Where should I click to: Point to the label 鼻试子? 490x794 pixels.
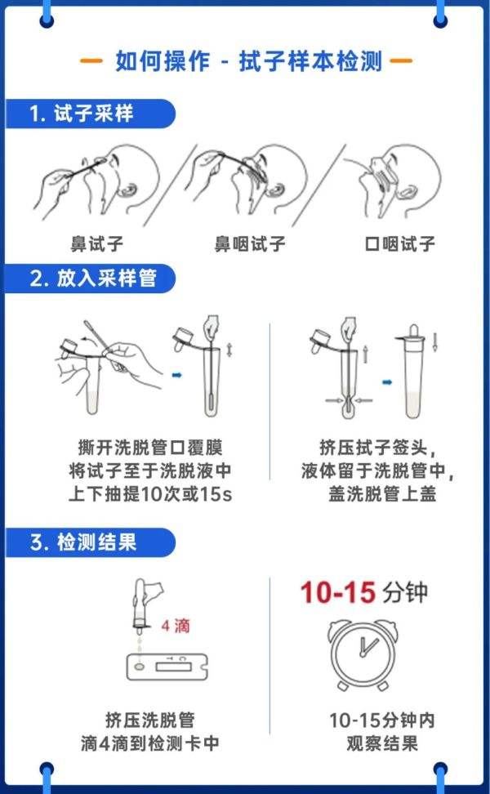click(96, 243)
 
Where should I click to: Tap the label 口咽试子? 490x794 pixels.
click(399, 243)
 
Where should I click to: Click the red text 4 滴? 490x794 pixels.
click(176, 627)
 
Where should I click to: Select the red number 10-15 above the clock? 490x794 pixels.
click(336, 592)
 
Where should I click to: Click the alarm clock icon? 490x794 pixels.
click(365, 653)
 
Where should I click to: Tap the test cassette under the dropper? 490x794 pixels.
click(168, 668)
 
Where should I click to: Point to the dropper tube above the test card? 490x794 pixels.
click(142, 605)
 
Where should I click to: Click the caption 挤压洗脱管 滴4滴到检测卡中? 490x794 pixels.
click(162, 731)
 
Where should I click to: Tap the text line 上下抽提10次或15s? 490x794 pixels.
click(150, 494)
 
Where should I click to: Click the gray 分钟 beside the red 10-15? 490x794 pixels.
click(403, 592)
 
